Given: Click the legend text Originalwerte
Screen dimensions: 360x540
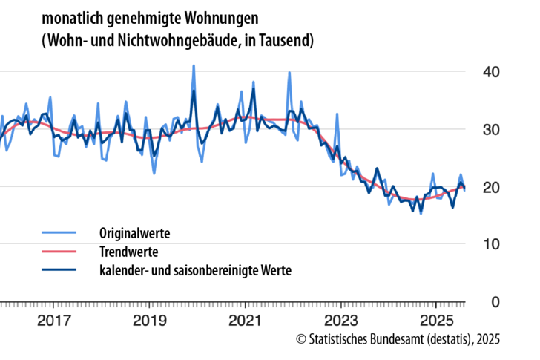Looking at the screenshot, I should coord(134,233).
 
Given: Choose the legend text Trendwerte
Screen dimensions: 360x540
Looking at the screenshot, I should coord(128,252).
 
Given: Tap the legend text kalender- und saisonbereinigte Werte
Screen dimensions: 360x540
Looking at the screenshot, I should coord(195,270).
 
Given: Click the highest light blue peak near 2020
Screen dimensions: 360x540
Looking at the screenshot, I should coord(194,66).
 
